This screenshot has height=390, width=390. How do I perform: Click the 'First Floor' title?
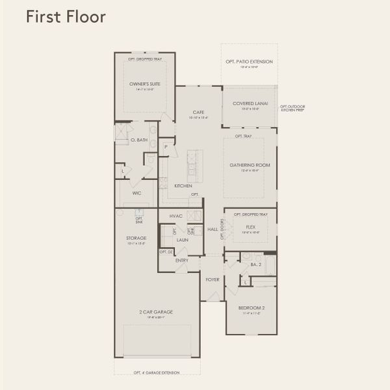point(65,17)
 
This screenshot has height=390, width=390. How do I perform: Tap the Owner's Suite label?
point(145,84)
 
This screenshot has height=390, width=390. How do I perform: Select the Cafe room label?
point(199,112)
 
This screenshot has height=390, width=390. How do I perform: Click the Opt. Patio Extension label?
point(249,62)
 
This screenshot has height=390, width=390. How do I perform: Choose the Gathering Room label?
point(250,165)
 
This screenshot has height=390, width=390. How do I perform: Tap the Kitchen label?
point(183,186)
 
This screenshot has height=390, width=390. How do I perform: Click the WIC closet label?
point(136,193)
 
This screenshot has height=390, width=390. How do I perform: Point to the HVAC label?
point(175,216)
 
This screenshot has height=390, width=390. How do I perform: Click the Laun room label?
point(182,240)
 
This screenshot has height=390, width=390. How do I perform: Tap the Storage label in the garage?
point(136,238)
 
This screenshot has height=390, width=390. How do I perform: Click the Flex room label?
point(250,227)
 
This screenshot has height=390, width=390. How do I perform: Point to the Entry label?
point(182,261)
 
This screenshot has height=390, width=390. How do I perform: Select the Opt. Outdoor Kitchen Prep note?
point(292,108)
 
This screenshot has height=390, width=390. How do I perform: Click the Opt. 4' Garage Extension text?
point(157,372)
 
